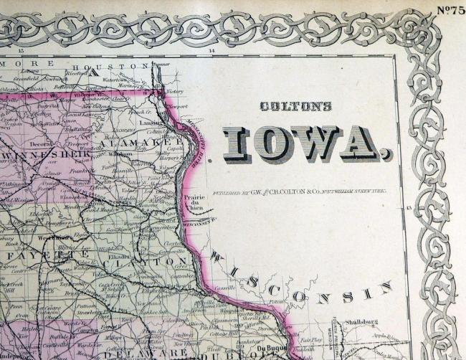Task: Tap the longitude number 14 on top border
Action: [x=211, y=52]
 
